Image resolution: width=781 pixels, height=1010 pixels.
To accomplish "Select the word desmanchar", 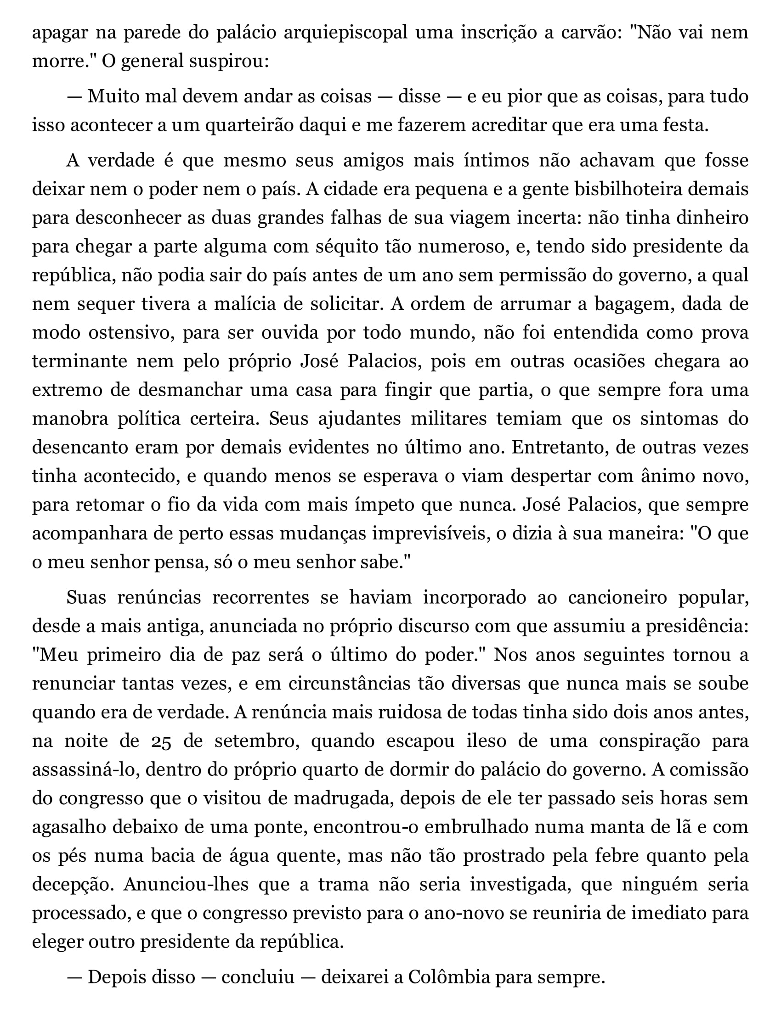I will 190,390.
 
